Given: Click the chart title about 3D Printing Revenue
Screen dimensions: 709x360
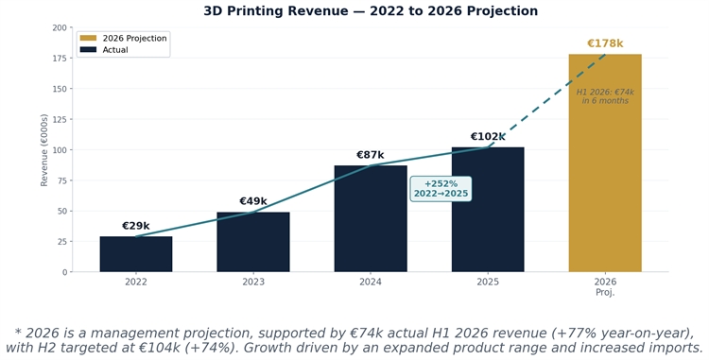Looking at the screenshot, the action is click(x=371, y=10).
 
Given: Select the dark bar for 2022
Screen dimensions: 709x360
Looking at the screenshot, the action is click(x=136, y=254).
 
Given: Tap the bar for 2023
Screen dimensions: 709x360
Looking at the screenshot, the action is click(x=253, y=242).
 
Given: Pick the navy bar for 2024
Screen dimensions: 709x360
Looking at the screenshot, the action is click(x=371, y=218).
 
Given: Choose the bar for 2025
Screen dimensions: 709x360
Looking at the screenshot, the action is click(x=488, y=210).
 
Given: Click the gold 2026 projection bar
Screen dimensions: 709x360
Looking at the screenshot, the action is click(x=605, y=163).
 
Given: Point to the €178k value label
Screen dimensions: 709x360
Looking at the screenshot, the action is click(x=605, y=43).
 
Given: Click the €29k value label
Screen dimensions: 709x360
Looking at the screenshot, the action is click(x=135, y=226).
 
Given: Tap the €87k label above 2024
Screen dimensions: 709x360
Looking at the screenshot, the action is click(x=371, y=155).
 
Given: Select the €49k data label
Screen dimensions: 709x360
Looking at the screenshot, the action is click(x=253, y=201).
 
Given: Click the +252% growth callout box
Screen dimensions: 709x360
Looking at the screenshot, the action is click(x=441, y=189).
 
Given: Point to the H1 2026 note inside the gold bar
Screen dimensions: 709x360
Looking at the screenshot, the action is click(x=605, y=96).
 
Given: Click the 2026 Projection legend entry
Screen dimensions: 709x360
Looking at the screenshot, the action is click(x=124, y=39).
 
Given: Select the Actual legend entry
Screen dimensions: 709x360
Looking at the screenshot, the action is click(x=104, y=50).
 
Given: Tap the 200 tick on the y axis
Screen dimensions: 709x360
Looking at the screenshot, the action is click(x=60, y=28).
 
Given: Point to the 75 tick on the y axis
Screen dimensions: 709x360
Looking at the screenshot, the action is click(x=61, y=180).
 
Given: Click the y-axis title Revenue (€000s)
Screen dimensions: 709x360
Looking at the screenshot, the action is click(x=43, y=150).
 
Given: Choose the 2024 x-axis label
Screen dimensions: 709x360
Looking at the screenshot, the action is click(x=371, y=282).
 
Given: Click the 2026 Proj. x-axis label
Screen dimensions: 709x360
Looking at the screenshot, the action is click(x=605, y=287).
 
